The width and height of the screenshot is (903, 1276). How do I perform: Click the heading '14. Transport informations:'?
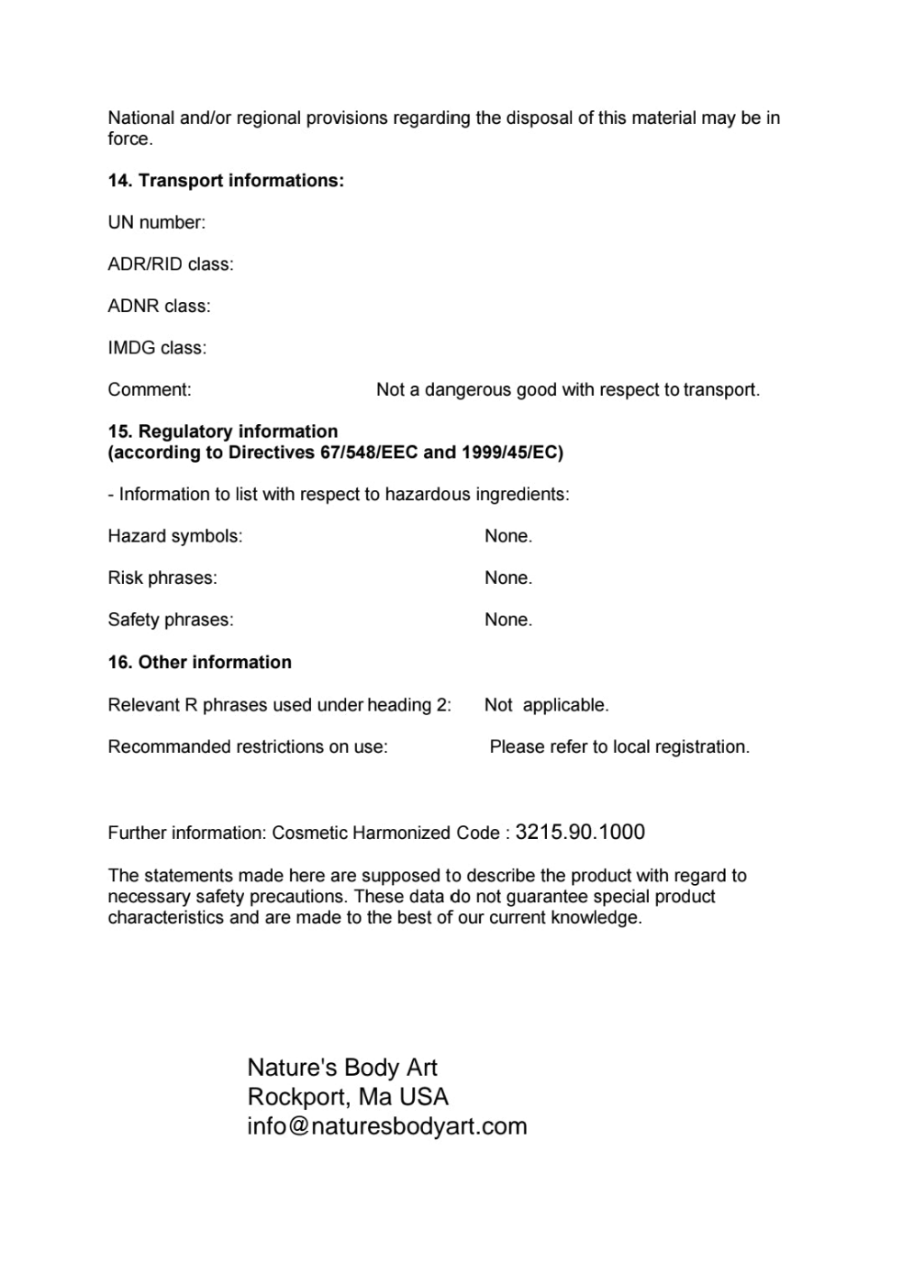coord(226,181)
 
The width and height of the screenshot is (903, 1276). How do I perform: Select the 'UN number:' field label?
coord(157,222)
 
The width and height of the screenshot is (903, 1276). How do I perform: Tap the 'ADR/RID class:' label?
coord(171,264)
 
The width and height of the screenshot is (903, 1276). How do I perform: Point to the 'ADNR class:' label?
coord(159,306)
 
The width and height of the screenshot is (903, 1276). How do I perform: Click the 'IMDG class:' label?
coord(157,348)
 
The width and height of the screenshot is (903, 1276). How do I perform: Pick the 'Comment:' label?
coord(150,389)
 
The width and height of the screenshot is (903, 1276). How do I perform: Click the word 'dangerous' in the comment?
coord(468,389)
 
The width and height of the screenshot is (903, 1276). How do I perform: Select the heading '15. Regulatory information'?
coord(223,431)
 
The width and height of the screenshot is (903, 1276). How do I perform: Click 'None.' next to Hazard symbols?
coord(508,536)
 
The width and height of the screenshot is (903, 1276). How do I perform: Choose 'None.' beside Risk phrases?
coord(508,577)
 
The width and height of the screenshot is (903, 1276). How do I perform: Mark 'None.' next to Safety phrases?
coord(508,620)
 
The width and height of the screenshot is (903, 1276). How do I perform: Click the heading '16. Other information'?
coord(199,662)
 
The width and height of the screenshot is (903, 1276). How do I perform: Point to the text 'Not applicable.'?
coord(546,705)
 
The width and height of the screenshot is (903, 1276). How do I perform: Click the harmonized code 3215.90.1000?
coord(580,832)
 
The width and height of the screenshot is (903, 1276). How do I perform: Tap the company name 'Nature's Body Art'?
coord(342,1067)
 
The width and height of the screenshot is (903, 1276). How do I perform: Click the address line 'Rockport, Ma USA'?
coord(348,1096)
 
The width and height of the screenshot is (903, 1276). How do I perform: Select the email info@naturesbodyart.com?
coord(387,1125)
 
